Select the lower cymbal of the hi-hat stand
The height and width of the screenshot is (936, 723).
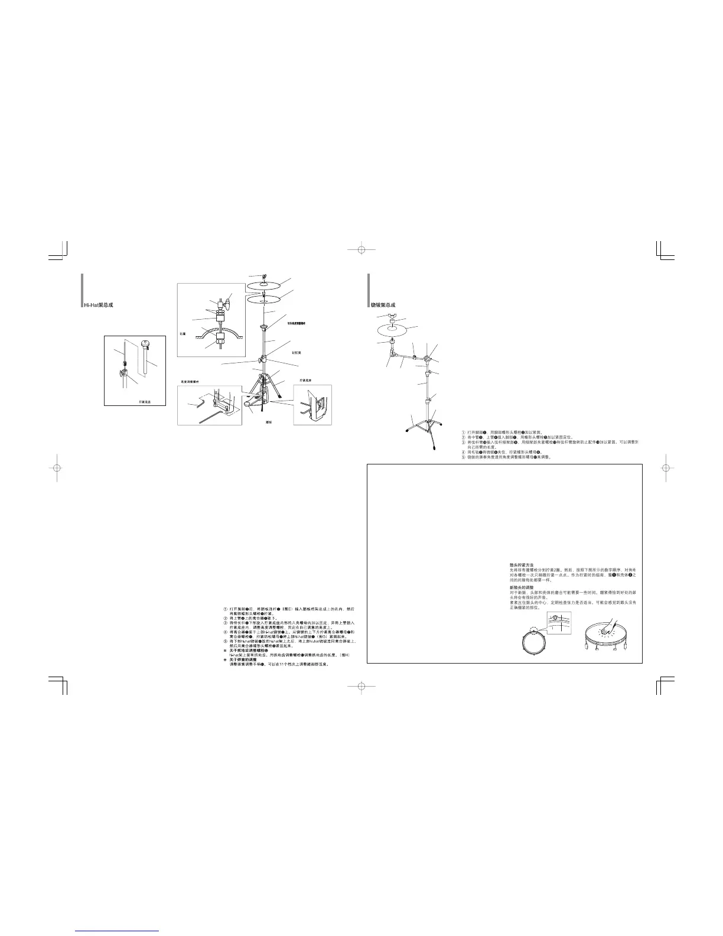click(263, 300)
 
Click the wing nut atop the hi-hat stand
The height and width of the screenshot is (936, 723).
click(264, 277)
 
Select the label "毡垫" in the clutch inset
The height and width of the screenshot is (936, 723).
click(183, 334)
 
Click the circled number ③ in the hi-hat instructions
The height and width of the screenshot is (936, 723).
click(225, 623)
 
